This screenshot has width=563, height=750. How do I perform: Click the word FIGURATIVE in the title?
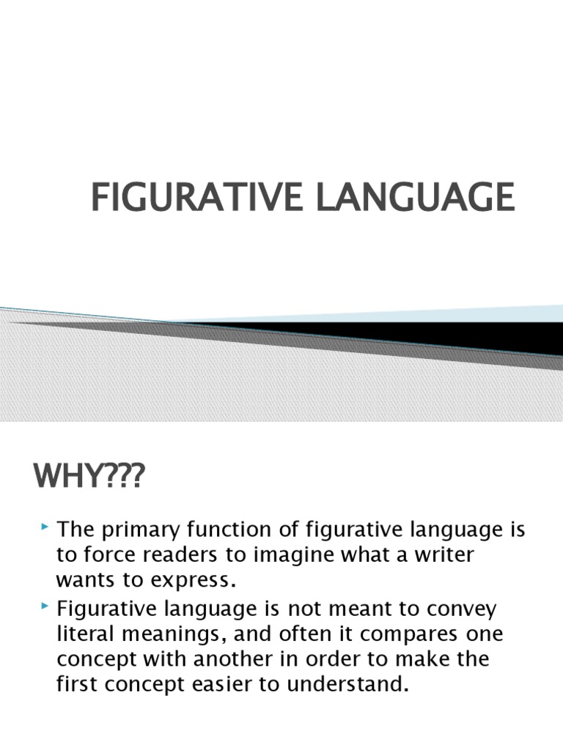[196, 196]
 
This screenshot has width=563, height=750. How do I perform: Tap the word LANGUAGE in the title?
[416, 196]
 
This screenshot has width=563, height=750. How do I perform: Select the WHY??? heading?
[89, 476]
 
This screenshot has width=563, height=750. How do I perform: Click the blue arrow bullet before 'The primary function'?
[45, 527]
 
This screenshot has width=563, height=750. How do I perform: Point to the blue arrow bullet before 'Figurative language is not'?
[45, 606]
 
